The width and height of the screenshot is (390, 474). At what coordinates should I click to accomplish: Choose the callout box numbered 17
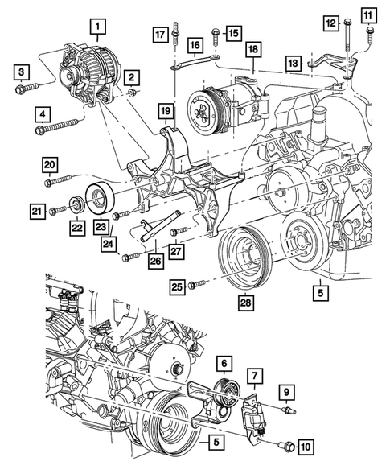160,34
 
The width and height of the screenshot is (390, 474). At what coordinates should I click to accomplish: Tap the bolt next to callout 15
216,33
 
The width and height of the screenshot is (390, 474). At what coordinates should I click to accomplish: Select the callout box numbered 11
368,15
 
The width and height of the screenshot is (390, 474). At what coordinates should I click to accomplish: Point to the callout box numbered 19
165,109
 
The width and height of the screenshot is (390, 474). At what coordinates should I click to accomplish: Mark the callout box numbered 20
49,165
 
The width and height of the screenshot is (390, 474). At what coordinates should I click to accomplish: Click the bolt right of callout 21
56,211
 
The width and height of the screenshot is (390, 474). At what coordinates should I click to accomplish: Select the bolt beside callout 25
197,283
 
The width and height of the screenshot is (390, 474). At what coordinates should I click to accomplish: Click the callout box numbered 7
254,376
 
